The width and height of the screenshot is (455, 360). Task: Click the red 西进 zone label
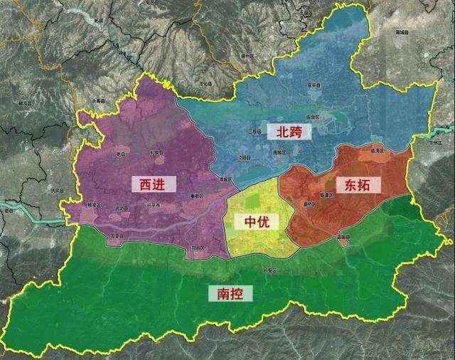(x=151, y=184)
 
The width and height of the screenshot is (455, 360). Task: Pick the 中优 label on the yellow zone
(x=257, y=221)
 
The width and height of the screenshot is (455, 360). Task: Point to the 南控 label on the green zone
(x=226, y=293)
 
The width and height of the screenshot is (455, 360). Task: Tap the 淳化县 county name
(x=207, y=83)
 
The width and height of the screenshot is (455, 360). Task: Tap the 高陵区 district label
(x=278, y=152)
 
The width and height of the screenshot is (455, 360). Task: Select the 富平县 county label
(x=313, y=85)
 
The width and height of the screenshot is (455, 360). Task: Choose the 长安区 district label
(x=268, y=270)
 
